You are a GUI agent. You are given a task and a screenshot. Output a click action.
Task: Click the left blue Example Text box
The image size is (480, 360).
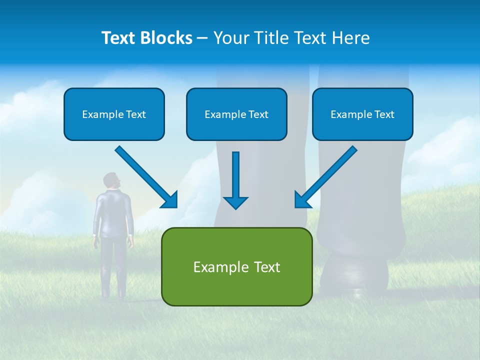tap(114, 114)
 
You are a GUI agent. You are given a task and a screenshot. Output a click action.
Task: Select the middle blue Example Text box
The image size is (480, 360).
tap(236, 114)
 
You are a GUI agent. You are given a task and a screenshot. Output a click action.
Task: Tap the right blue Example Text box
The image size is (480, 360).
tap(362, 114)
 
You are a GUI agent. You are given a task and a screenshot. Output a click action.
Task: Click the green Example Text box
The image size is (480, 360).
tap(236, 266)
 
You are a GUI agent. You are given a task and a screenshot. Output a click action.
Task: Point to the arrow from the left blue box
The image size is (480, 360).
tap(145, 176)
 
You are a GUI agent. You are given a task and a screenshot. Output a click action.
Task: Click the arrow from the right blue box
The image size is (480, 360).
tap(327, 176)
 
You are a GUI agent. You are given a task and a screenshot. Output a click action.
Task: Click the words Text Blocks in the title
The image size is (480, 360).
tap(146, 38)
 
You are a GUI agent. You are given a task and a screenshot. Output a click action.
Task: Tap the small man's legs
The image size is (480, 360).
tap(113, 265)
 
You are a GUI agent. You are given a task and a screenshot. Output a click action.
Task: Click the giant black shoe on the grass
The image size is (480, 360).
tap(355, 275)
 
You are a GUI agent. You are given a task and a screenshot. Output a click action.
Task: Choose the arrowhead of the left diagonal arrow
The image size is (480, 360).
tap(170, 200)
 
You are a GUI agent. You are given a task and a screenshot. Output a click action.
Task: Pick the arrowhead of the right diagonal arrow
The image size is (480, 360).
tap(302, 200)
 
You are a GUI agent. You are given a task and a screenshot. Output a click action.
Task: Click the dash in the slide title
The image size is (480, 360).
tap(202, 38)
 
